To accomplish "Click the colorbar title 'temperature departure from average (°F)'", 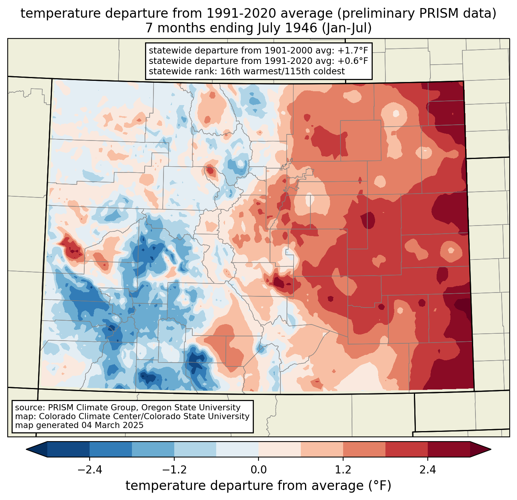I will point(258,486).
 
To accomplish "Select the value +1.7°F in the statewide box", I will point(353,51).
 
